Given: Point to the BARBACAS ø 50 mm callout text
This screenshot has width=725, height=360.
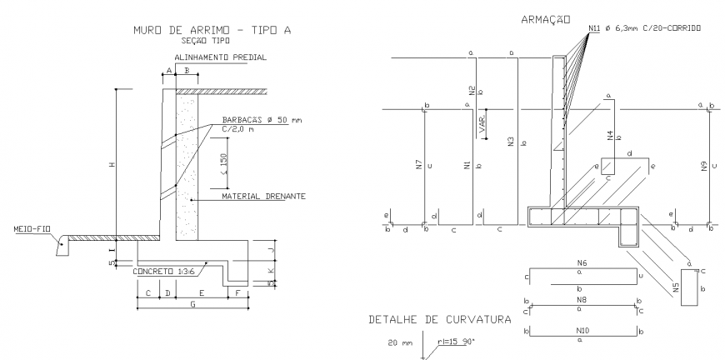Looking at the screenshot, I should pyautogui.click(x=262, y=120).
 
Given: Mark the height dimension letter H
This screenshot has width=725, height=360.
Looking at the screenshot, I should pyautogui.click(x=110, y=164).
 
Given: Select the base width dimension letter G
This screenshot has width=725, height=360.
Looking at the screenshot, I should pyautogui.click(x=192, y=305).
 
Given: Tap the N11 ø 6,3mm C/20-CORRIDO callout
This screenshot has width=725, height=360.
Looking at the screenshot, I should pyautogui.click(x=643, y=28).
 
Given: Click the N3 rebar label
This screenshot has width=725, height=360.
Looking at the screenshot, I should pyautogui.click(x=510, y=142).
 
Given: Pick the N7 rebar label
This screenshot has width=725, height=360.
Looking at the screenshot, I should pyautogui.click(x=418, y=165).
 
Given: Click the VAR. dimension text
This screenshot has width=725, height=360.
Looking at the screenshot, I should pyautogui.click(x=482, y=126).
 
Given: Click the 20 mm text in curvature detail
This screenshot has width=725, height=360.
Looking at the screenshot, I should pyautogui.click(x=400, y=341).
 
